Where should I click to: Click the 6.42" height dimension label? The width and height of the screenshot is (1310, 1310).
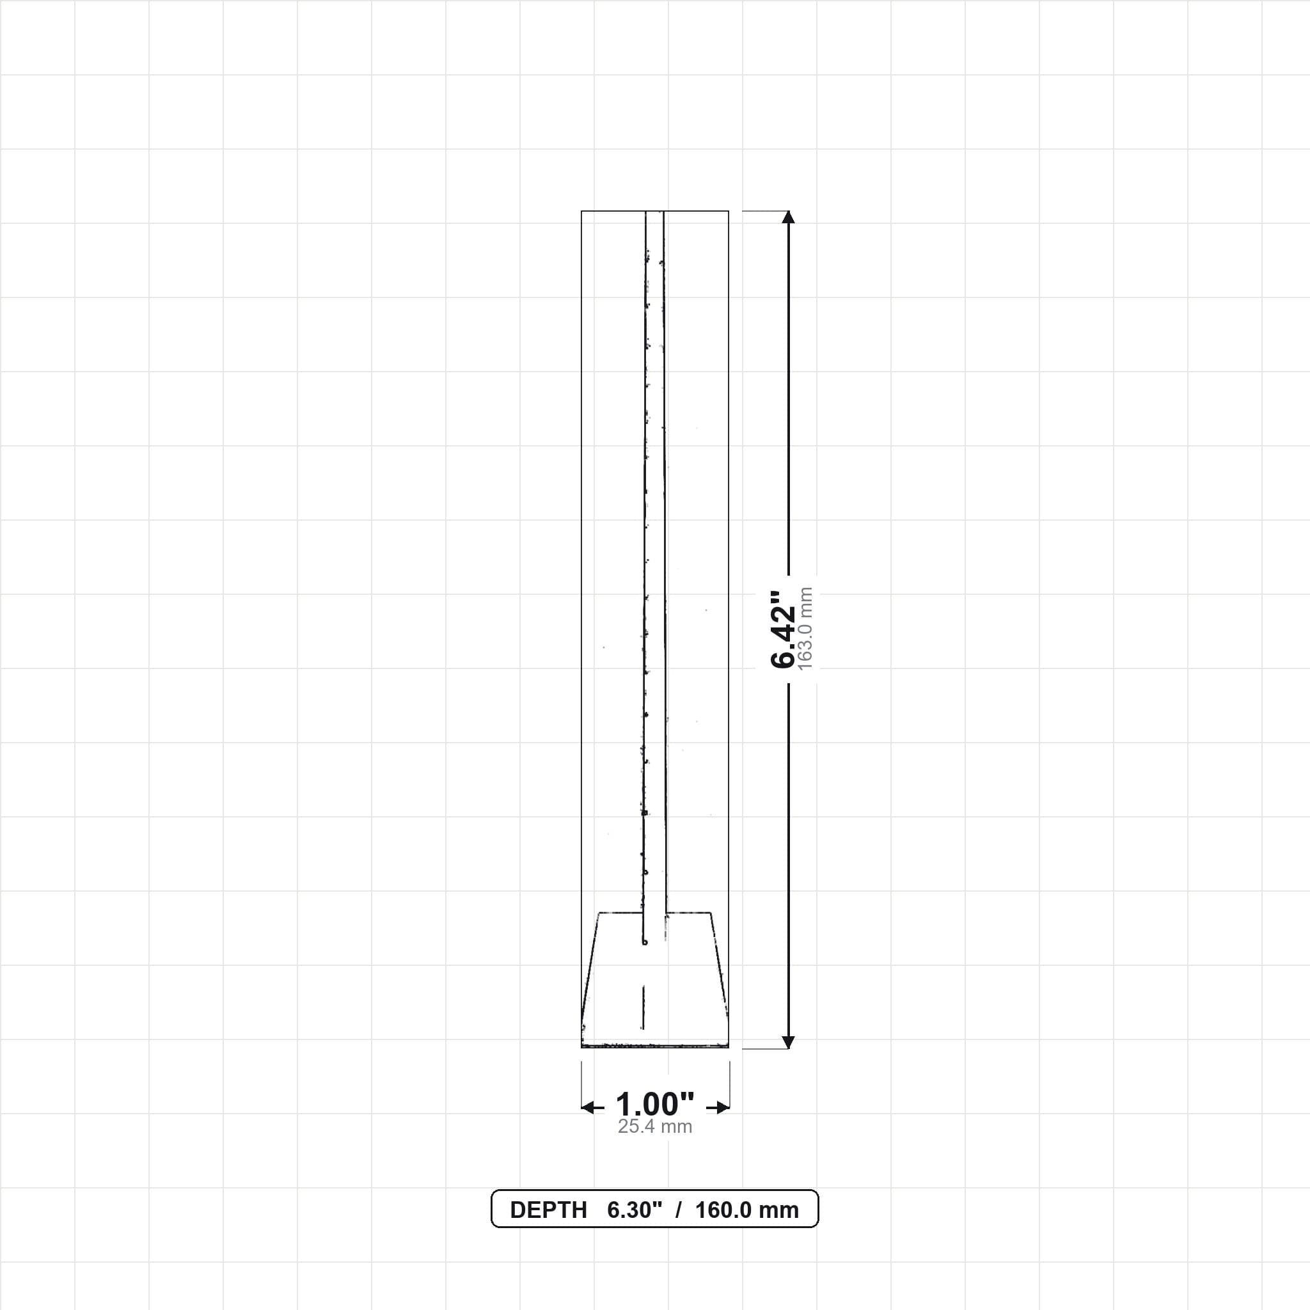click(782, 629)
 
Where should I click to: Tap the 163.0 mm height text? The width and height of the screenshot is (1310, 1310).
click(805, 629)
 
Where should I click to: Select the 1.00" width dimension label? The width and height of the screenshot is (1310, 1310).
click(655, 1105)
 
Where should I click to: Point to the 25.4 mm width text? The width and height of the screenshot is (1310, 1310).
click(655, 1127)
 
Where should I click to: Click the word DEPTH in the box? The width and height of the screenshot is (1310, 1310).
click(548, 1210)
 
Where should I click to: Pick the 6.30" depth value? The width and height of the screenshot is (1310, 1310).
click(634, 1210)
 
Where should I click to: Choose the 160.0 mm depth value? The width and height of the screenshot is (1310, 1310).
click(746, 1210)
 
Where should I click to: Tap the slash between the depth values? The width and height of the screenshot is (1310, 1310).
click(678, 1210)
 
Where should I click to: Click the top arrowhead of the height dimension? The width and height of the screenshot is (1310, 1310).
click(788, 217)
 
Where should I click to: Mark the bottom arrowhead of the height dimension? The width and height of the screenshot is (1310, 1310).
click(788, 1042)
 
